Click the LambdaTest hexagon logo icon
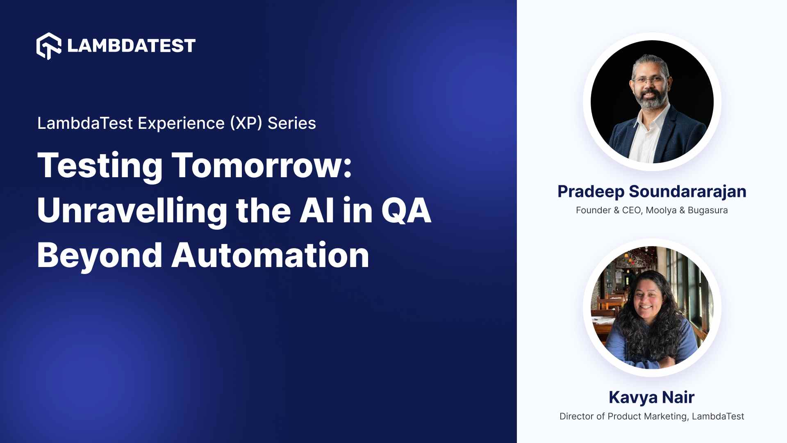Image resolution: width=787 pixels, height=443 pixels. click(49, 46)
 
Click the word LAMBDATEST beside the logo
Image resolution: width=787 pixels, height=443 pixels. click(131, 46)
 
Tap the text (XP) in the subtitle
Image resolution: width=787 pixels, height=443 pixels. click(246, 123)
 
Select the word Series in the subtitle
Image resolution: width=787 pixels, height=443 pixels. click(291, 123)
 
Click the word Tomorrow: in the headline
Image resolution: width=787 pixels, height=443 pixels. click(262, 165)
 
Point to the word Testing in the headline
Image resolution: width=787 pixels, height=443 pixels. click(100, 165)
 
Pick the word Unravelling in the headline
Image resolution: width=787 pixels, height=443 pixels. click(132, 210)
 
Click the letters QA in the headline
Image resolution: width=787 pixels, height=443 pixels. click(406, 210)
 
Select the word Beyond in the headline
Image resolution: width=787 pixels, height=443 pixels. click(100, 255)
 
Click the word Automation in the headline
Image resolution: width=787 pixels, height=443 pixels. click(270, 255)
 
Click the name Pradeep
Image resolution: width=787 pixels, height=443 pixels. click(591, 192)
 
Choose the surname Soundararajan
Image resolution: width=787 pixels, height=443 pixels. click(687, 192)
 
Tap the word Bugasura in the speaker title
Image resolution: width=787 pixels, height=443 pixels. click(707, 210)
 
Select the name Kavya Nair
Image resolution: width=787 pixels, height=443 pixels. click(651, 397)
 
